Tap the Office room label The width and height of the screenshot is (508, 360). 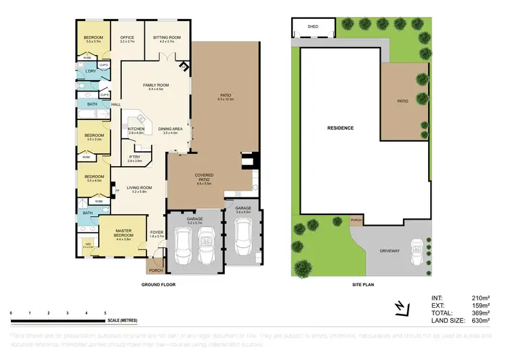(127, 37)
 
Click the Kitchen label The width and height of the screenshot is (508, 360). (137, 129)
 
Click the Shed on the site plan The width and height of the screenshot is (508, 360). (312, 27)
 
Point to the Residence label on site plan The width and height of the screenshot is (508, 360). (341, 127)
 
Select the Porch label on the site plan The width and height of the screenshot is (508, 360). (356, 220)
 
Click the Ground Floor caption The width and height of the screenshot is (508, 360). (158, 285)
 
